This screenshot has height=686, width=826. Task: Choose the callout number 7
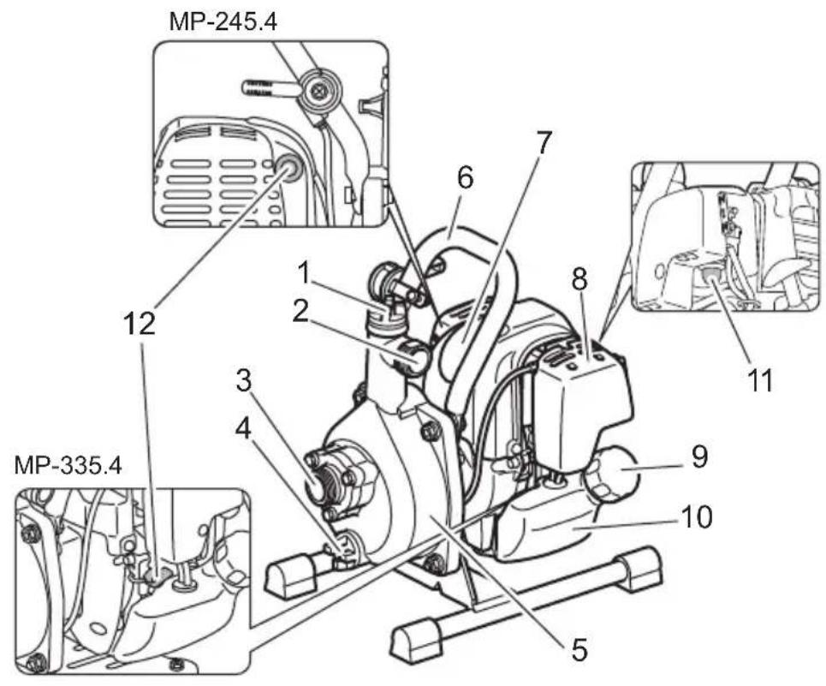click(x=544, y=143)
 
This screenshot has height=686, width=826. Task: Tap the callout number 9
click(x=699, y=456)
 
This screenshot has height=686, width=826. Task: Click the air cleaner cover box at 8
click(x=582, y=411)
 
